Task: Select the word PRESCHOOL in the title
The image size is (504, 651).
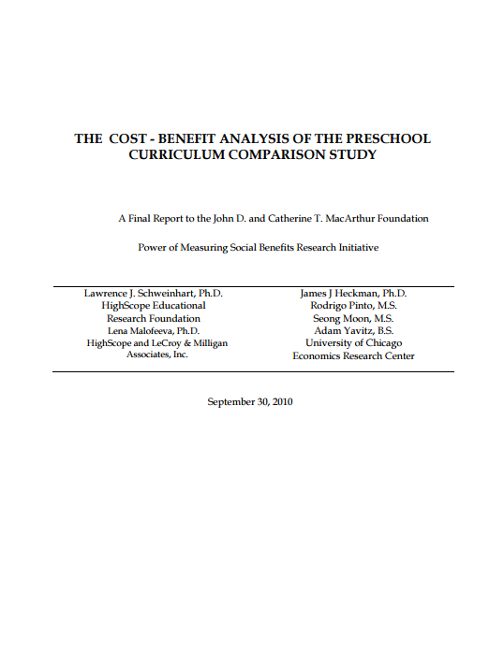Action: coord(387,138)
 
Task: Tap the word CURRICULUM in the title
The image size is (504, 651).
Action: coord(174,155)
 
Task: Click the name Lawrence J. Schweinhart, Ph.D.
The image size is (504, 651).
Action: coord(154,293)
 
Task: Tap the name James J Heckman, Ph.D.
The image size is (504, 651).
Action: coord(353,293)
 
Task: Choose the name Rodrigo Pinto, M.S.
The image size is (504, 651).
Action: coord(353,305)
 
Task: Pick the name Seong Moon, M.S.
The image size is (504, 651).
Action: coord(353,318)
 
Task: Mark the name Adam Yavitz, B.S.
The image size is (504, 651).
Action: coord(353,330)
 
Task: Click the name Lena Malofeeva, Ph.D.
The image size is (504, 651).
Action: coord(154,330)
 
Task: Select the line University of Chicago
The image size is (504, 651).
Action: coord(353,343)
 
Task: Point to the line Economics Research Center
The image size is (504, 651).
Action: coord(353,355)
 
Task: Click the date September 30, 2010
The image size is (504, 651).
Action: coord(250,401)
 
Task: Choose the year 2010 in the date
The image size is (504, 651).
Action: coord(281,401)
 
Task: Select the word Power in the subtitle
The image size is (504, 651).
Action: coord(154,248)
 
